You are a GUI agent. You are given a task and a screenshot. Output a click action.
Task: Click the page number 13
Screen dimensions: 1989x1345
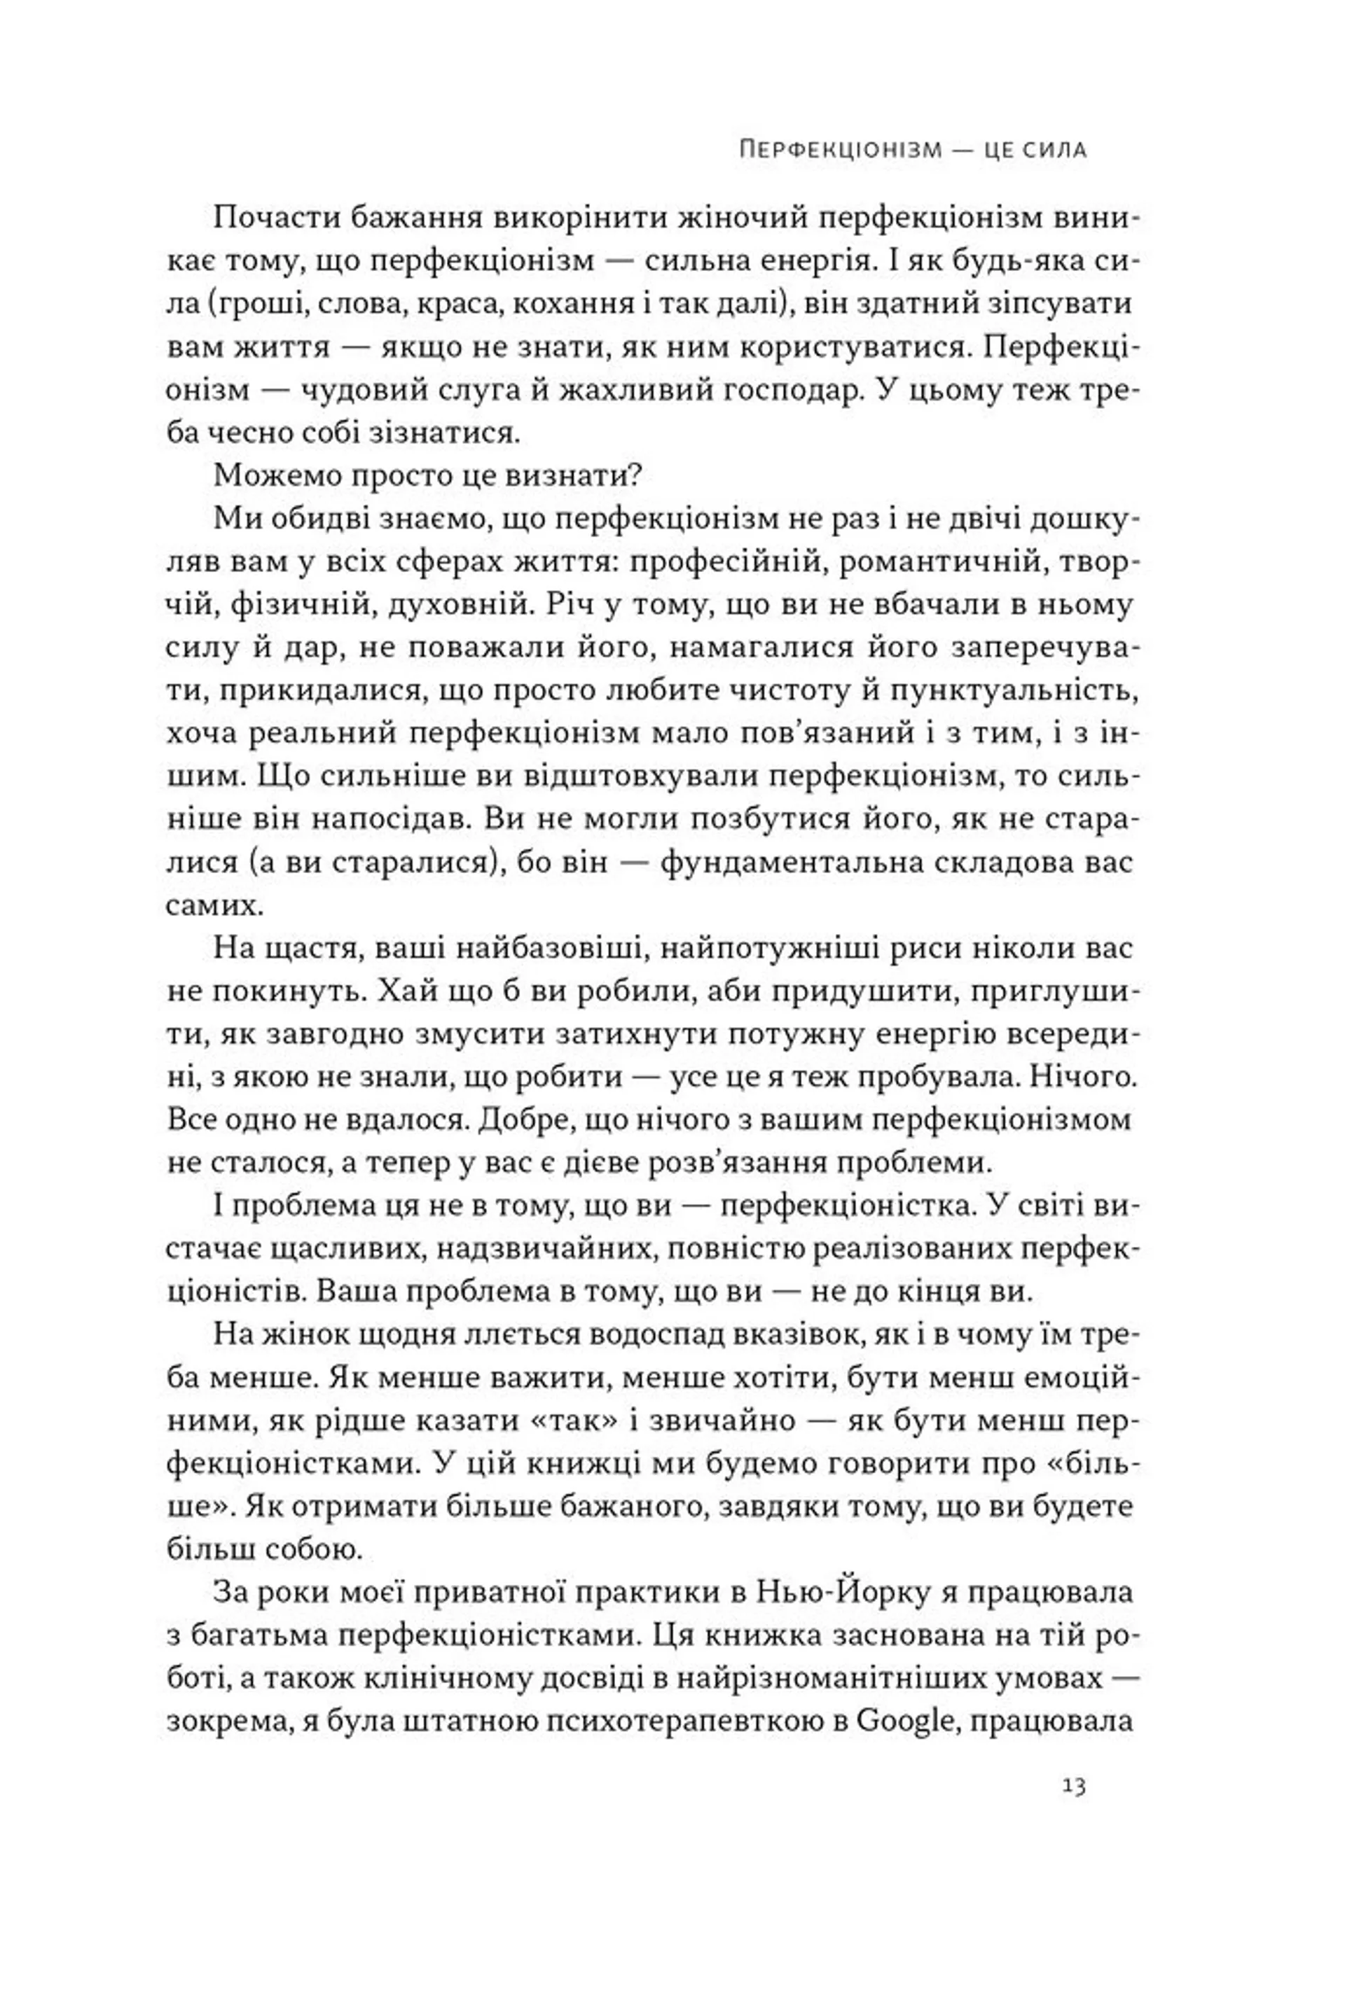[x=1074, y=1787]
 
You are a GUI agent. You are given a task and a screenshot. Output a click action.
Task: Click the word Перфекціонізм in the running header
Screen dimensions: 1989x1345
[x=840, y=151]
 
